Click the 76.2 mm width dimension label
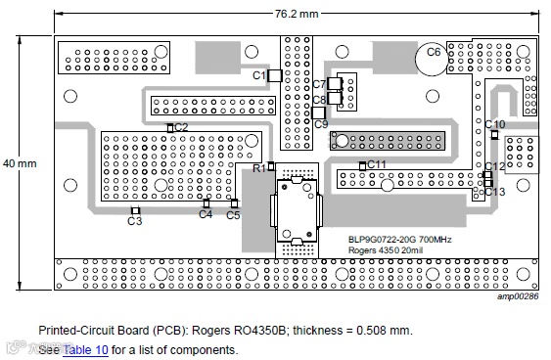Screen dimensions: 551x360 297,14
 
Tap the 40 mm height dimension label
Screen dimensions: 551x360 20,163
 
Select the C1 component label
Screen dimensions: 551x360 259,75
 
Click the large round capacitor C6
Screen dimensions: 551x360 432,59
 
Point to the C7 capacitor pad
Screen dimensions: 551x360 335,84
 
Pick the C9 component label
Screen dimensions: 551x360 321,124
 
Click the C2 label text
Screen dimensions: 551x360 181,127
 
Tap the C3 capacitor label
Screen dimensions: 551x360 135,221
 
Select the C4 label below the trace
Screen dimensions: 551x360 206,214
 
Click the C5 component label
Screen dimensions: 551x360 233,215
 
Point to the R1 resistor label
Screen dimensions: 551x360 259,168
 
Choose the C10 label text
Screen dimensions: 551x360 495,124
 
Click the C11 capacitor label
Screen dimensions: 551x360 377,164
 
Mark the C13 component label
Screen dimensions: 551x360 495,192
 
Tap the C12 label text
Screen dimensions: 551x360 495,166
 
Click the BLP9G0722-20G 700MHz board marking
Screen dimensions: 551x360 400,240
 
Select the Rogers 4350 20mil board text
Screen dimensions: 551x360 386,250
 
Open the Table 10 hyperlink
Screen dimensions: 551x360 85,350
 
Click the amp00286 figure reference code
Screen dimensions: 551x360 518,296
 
